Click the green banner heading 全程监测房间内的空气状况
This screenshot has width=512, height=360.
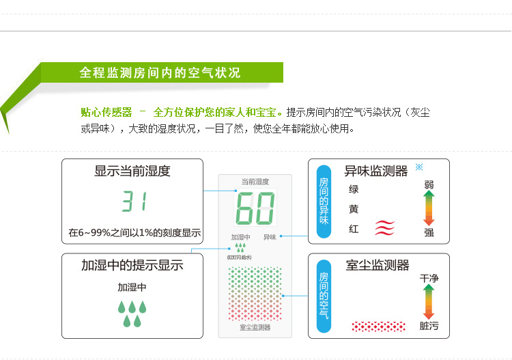coord(160,72)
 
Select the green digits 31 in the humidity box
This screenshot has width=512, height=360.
coord(134,202)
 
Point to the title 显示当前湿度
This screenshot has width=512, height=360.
coord(132,171)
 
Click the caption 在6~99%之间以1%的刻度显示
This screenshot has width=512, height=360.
coord(134,233)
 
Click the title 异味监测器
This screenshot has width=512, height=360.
coord(375,171)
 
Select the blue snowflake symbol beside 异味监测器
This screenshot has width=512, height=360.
coord(419,167)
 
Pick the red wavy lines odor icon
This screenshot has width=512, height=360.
coord(384,228)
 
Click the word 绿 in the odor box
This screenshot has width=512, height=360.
coord(354,189)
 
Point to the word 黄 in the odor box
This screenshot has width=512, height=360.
coord(354,209)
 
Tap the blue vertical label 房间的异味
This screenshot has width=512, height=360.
coord(324,201)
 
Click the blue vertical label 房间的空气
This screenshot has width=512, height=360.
coord(324,295)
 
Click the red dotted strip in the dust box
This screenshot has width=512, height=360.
coord(378,326)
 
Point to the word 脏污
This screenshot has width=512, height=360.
coord(429,326)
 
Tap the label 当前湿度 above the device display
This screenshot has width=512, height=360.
coord(255,182)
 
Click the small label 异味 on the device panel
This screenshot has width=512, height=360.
coord(270,237)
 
